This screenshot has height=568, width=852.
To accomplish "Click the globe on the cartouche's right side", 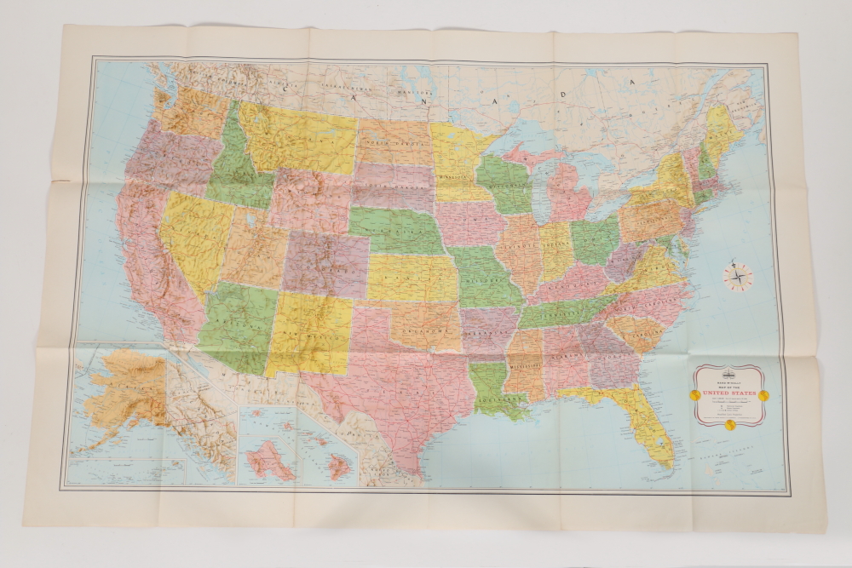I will [x=763, y=395].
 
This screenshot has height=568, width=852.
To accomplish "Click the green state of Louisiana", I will [x=492, y=388].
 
